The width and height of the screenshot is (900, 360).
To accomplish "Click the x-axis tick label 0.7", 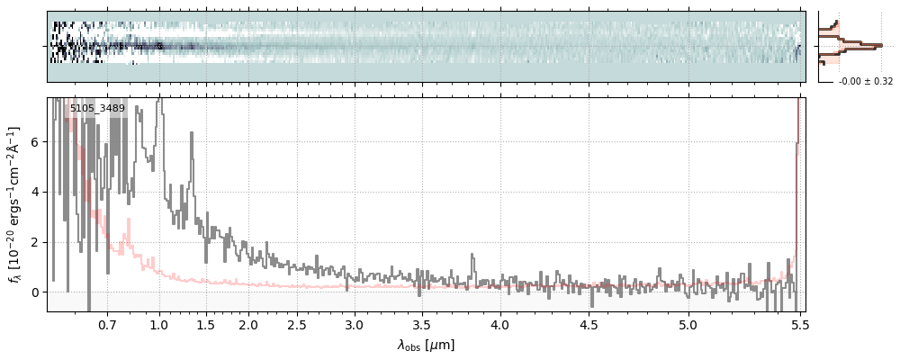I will (x=107, y=323).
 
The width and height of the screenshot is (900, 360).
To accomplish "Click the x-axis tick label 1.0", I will (x=159, y=323).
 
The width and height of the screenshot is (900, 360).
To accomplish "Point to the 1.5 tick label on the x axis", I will (x=206, y=323).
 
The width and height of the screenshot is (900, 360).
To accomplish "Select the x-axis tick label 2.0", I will (x=248, y=323).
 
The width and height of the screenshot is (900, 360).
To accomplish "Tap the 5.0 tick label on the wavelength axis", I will (x=688, y=323).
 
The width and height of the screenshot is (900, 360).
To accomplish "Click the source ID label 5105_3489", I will (x=97, y=109).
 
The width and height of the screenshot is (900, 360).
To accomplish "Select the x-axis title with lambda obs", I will (x=426, y=345).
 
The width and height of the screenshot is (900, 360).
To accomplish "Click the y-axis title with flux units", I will (x=14, y=205).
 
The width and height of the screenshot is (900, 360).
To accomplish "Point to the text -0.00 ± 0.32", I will (x=866, y=82).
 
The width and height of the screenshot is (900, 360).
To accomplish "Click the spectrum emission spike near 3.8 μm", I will (x=474, y=257).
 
